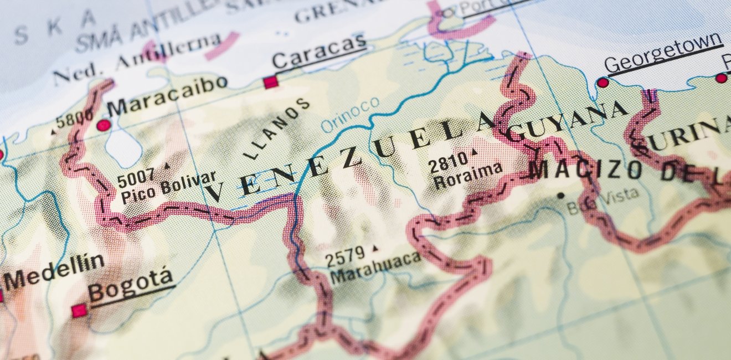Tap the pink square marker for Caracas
(x=270, y=83)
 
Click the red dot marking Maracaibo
(x=104, y=125)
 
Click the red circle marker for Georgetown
(x=603, y=83)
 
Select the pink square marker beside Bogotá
(x=79, y=311)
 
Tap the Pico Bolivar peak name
(x=168, y=188)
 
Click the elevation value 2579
(x=345, y=256)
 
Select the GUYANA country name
(x=565, y=120)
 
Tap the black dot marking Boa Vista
(x=560, y=195)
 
